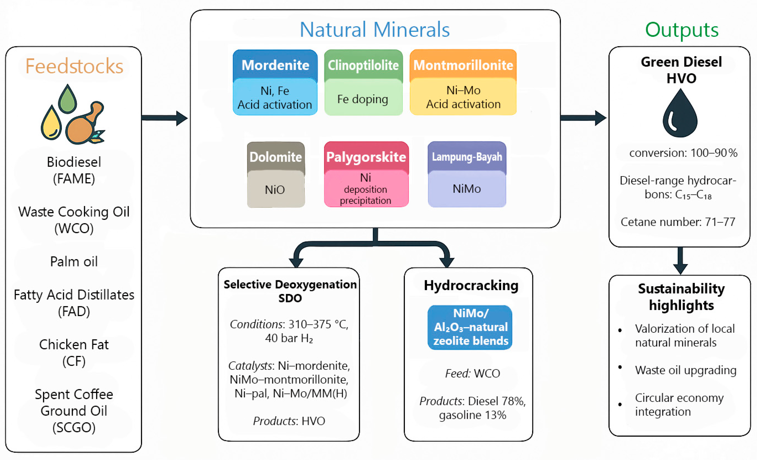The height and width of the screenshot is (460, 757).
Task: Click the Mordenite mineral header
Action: [275, 65]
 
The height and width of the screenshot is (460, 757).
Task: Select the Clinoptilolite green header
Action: [363, 65]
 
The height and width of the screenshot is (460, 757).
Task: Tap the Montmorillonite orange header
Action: [463, 65]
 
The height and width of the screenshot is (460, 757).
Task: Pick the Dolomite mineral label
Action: [276, 157]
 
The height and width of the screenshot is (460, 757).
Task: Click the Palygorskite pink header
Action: [366, 157]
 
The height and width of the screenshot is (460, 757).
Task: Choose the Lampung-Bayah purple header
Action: [467, 157]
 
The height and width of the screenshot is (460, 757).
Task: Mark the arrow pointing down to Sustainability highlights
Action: [680, 261]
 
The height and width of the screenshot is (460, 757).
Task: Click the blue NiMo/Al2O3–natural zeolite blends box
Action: [470, 327]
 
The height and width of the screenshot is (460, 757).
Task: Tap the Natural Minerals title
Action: [375, 30]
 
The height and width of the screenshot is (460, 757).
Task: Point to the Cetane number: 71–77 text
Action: [678, 222]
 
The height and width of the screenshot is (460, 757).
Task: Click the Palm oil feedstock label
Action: [74, 262]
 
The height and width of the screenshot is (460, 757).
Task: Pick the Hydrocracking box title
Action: [471, 285]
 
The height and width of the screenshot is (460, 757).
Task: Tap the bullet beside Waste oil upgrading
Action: [620, 367]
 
